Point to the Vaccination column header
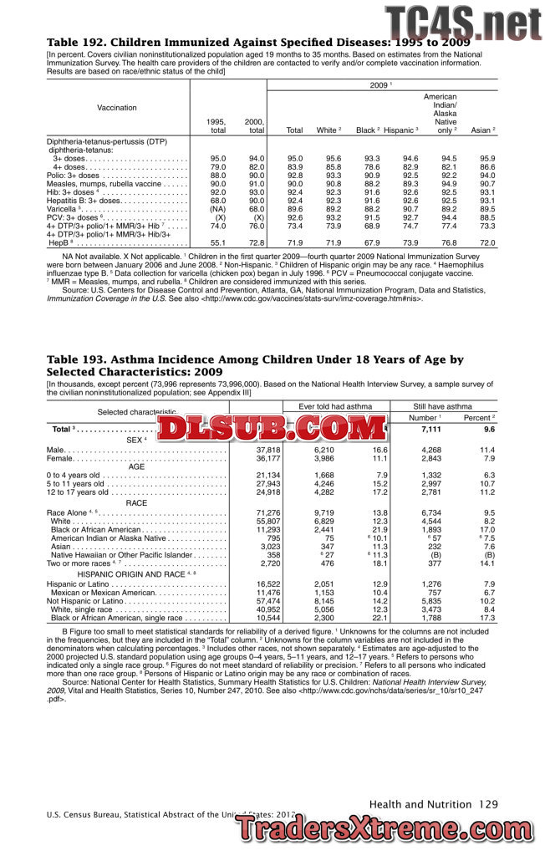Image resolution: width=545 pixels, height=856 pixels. coord(117,108)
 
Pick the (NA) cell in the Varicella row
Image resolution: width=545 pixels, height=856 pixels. coord(218,209)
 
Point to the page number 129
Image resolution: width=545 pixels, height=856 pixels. coord(489,804)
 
